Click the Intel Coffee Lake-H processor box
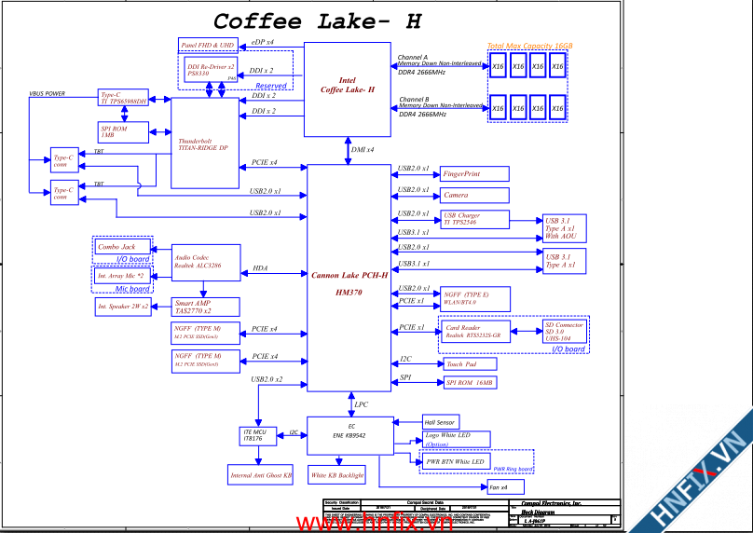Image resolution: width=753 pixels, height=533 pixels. point(347,89)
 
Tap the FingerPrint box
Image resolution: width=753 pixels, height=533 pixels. point(474,174)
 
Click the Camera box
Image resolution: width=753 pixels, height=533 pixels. point(474,195)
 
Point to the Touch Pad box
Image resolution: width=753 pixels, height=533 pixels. point(471,364)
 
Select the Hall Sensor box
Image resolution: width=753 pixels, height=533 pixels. point(441,422)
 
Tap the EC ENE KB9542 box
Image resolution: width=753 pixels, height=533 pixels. point(351,434)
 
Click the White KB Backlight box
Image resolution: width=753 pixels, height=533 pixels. point(336,475)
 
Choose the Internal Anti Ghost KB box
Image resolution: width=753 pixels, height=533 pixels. point(261,475)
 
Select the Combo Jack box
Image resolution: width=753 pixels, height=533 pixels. point(122,247)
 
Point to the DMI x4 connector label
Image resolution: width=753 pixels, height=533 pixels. point(363,150)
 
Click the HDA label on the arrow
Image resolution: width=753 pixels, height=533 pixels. point(260,268)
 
